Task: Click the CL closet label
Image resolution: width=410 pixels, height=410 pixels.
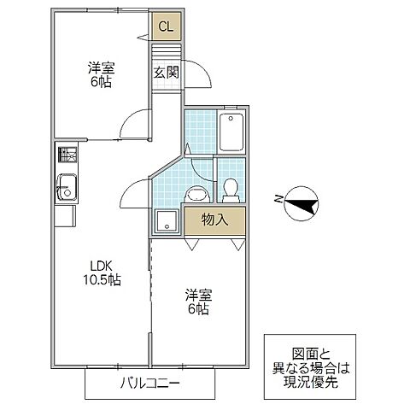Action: [166, 26]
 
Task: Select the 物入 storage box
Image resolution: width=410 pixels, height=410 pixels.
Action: [215, 220]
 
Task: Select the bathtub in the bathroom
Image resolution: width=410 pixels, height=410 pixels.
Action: [231, 132]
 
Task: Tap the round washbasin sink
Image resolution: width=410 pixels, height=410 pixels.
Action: [196, 193]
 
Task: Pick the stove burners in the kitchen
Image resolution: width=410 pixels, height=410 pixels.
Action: [67, 157]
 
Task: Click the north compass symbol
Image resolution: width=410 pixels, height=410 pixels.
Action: [302, 202]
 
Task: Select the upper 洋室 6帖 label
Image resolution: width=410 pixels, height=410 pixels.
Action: [100, 74]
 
